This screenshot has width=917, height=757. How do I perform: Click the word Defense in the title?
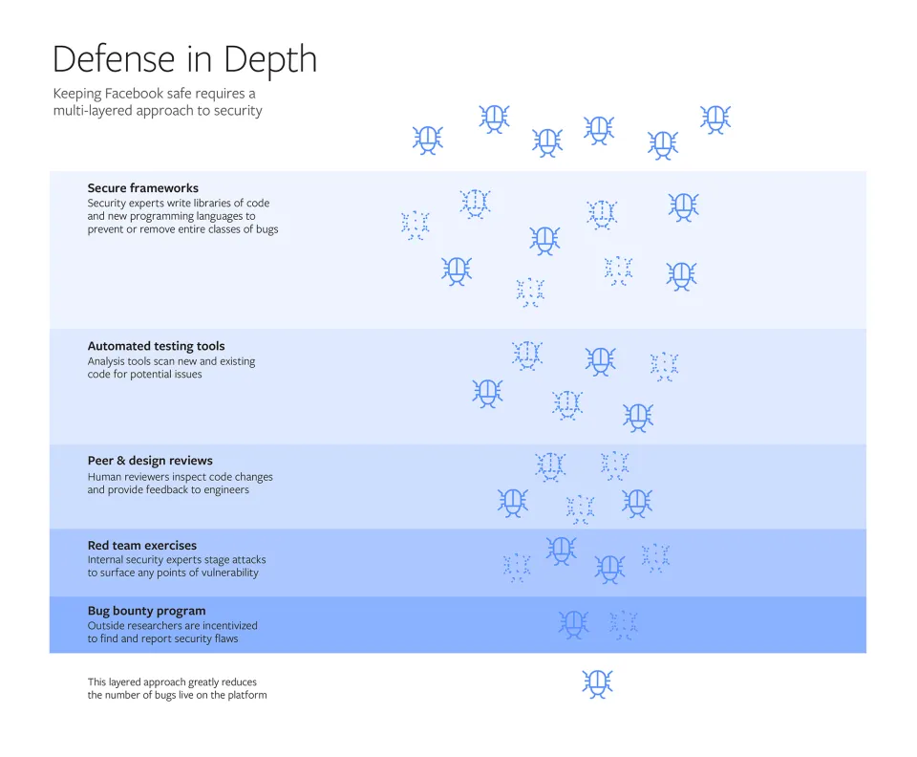click(x=107, y=59)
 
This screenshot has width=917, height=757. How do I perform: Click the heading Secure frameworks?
click(x=142, y=188)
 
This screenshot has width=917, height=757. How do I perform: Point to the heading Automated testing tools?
click(x=156, y=346)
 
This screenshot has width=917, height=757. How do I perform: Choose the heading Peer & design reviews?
click(x=150, y=461)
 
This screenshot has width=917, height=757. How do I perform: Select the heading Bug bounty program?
click(x=146, y=611)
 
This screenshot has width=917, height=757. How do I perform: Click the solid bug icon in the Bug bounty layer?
click(x=573, y=624)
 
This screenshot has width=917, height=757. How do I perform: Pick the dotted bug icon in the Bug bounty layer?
click(x=624, y=625)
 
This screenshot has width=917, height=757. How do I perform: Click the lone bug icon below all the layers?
click(x=597, y=682)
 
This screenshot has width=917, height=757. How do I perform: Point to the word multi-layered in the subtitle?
click(x=91, y=111)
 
